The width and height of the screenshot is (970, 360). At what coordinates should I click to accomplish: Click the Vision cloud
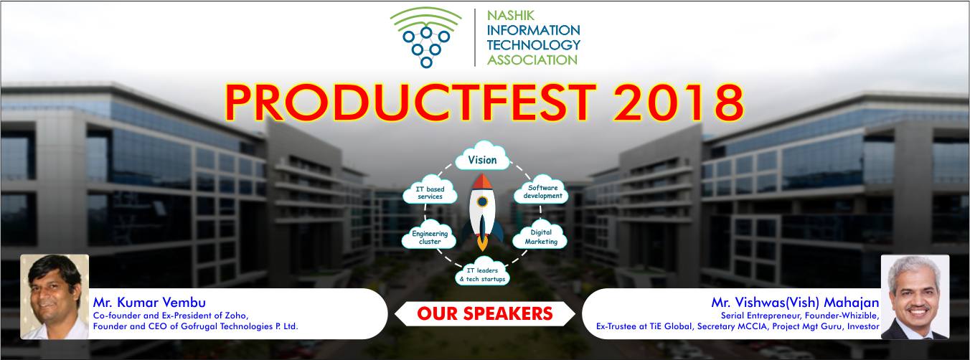tap(482, 156)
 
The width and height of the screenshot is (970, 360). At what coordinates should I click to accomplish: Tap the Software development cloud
tap(541, 190)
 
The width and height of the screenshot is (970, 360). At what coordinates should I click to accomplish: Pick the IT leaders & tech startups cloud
tap(482, 272)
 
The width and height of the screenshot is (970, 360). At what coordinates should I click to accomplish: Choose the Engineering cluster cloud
tap(429, 236)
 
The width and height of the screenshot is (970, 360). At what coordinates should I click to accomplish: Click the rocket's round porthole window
tap(482, 202)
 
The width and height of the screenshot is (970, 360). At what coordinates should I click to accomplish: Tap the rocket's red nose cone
tap(482, 181)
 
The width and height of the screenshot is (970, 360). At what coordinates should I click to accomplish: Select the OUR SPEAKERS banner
tap(485, 313)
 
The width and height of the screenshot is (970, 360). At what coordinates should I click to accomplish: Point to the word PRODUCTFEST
tap(410, 103)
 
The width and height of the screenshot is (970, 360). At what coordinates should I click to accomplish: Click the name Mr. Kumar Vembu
tap(149, 302)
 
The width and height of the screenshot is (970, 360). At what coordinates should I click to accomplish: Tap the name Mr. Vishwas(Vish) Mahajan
tap(795, 303)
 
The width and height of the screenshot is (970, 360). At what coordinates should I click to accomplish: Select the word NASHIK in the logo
tap(511, 16)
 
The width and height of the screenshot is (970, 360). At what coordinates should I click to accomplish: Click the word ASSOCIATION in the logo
tap(532, 60)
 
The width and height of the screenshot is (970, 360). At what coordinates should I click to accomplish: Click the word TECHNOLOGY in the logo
tap(534, 45)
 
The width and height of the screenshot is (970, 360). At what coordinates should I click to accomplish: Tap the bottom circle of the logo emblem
tap(426, 62)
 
